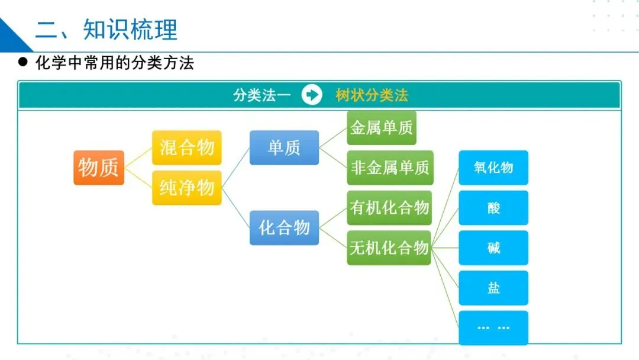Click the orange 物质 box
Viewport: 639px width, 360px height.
click(x=99, y=168)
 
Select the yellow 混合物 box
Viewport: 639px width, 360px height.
click(x=186, y=147)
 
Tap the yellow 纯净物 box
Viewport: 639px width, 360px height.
click(x=186, y=188)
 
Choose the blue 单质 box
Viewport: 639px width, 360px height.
click(x=284, y=147)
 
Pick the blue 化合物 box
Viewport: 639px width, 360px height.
click(x=284, y=227)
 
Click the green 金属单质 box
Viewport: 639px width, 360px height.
click(x=382, y=128)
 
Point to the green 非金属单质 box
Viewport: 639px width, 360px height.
click(x=390, y=168)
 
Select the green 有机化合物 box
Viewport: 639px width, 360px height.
click(x=389, y=207)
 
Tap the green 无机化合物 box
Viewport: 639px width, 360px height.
click(x=389, y=247)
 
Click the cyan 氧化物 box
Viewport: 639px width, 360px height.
click(x=493, y=168)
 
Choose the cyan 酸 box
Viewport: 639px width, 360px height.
click(x=493, y=208)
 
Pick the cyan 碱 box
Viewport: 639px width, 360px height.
click(x=493, y=247)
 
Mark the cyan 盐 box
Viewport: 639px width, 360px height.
click(x=493, y=288)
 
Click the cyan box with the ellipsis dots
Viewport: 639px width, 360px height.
click(x=493, y=327)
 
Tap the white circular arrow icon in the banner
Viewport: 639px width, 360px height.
click(x=312, y=95)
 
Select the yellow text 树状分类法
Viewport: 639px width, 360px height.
click(x=372, y=95)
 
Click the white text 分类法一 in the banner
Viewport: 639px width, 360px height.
click(x=262, y=95)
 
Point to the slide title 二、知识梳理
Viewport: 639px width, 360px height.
click(x=106, y=29)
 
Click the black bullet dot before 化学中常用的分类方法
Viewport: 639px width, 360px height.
click(x=24, y=62)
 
